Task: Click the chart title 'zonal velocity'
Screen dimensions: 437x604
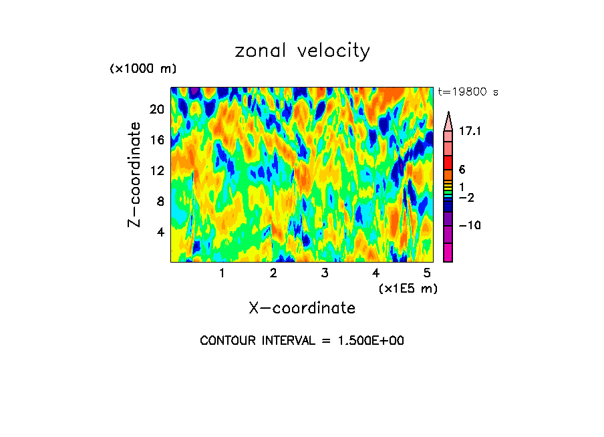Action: [302, 51]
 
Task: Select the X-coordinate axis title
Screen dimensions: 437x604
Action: [302, 308]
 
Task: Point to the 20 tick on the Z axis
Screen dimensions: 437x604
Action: [156, 110]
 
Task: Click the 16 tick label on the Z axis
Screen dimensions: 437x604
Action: [156, 140]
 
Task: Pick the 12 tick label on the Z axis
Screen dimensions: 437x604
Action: [156, 171]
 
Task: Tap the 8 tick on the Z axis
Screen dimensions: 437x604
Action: [160, 201]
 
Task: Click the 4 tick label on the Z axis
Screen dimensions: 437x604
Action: [160, 232]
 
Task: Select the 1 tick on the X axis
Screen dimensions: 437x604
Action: [222, 273]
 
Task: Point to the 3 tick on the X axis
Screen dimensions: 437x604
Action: [324, 273]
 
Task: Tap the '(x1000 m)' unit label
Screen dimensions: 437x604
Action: [143, 69]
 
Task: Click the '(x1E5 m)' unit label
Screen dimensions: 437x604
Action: [408, 289]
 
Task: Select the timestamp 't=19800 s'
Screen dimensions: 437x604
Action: [468, 92]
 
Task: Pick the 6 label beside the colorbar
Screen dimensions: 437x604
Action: [462, 170]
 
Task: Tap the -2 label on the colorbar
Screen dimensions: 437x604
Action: [466, 198]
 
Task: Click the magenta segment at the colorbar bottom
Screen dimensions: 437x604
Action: [448, 253]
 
